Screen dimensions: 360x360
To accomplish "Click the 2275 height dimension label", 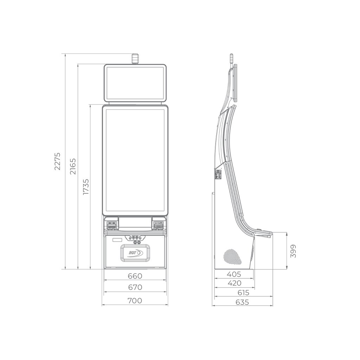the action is (x=57, y=161).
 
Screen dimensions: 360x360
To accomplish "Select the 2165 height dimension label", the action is (x=73, y=166).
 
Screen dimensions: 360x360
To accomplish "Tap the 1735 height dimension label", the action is (x=86, y=187).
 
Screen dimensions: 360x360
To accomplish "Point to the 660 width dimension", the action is (x=135, y=276).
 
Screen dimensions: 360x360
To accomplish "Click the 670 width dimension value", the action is (x=135, y=287).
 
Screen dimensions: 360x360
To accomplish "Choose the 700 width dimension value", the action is (x=135, y=301).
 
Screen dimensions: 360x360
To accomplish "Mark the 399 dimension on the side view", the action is (x=293, y=251).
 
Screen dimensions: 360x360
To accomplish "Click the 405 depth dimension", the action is (x=234, y=274).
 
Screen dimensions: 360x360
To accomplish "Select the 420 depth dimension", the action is (x=234, y=283).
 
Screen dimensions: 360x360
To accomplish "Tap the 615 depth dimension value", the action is (x=243, y=292).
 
